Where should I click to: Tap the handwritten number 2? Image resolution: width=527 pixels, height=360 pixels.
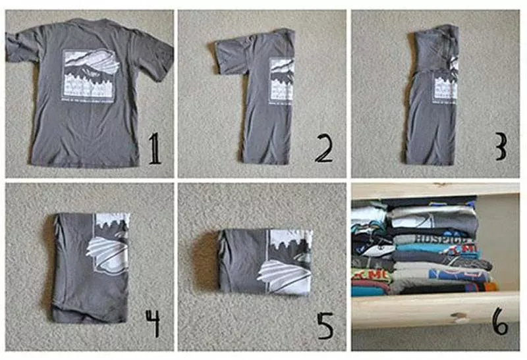pyautogui.click(x=323, y=150)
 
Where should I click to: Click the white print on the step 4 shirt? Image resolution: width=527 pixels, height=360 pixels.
pyautogui.click(x=111, y=244)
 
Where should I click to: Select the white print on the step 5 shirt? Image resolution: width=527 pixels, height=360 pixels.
pyautogui.click(x=287, y=260)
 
